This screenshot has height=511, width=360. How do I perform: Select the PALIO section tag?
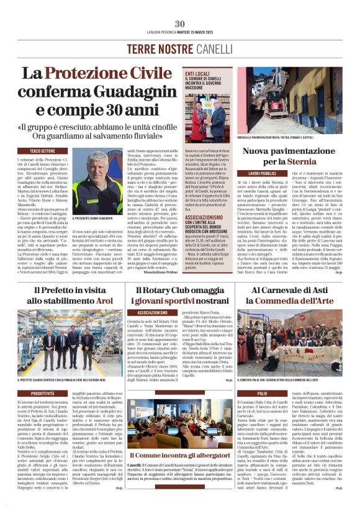(x=245, y=393)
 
